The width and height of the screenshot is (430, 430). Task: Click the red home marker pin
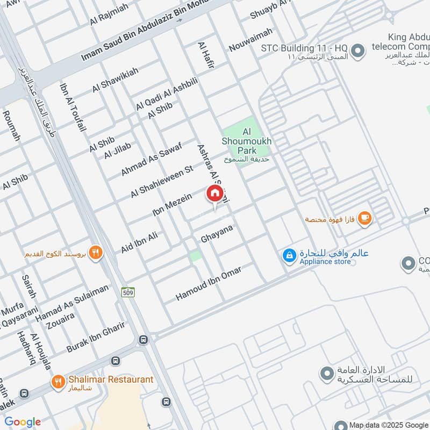214,194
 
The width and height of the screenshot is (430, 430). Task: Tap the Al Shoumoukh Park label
247,141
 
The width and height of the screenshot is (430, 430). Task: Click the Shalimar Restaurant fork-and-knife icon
58,382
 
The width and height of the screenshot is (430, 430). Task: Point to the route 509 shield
127,292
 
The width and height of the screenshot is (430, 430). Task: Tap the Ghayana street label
217,233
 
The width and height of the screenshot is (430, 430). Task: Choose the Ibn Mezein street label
171,207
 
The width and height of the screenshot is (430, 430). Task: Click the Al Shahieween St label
161,182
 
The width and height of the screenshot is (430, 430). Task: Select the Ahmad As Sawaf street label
151,159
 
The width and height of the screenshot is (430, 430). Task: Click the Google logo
23,422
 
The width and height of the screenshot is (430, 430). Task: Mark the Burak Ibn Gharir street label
95,337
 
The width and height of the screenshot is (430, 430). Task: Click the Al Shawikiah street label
115,80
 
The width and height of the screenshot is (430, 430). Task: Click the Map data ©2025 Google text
388,425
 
